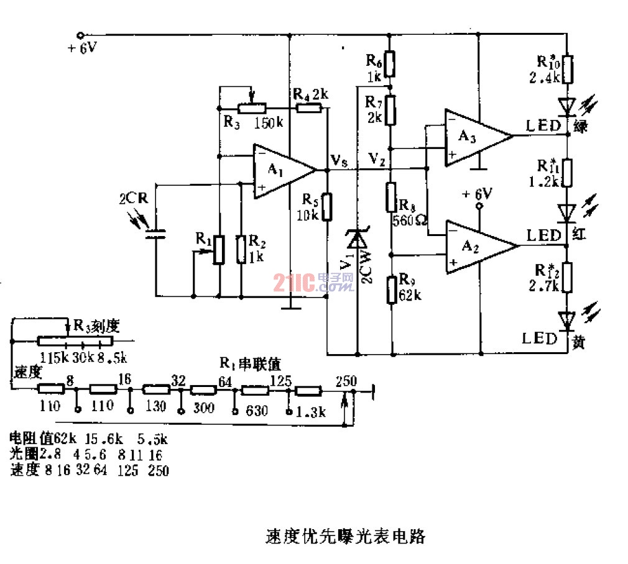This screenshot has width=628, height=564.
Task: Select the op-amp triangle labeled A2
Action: [476, 247]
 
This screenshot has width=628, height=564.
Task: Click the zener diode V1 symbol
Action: [357, 239]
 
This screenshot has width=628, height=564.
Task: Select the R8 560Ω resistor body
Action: [391, 198]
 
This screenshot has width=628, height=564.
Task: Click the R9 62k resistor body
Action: [391, 289]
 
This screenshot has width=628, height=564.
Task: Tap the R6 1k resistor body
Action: [390, 62]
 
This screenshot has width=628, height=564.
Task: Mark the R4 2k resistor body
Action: [310, 108]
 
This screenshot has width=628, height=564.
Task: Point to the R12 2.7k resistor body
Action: [567, 277]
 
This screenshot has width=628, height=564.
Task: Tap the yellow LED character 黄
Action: [578, 342]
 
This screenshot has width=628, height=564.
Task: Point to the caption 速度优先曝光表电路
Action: [345, 535]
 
